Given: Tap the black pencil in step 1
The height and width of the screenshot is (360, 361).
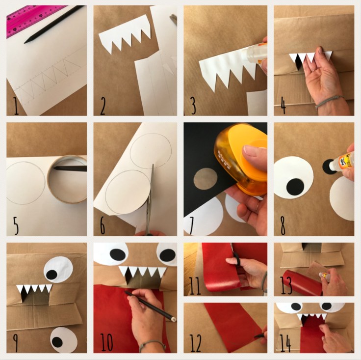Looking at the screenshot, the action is (54, 25).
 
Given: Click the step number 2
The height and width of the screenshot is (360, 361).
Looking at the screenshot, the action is (103, 106).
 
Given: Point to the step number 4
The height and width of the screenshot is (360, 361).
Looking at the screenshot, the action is (283, 106).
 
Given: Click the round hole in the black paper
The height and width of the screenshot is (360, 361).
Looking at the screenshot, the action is (206, 179).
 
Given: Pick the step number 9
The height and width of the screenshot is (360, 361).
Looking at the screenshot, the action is (16, 343).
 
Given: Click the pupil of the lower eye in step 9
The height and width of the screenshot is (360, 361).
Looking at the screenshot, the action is (57, 342).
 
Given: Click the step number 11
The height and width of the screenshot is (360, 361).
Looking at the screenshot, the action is (195, 286).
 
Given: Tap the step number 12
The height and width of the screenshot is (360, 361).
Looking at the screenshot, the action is (196, 343).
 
